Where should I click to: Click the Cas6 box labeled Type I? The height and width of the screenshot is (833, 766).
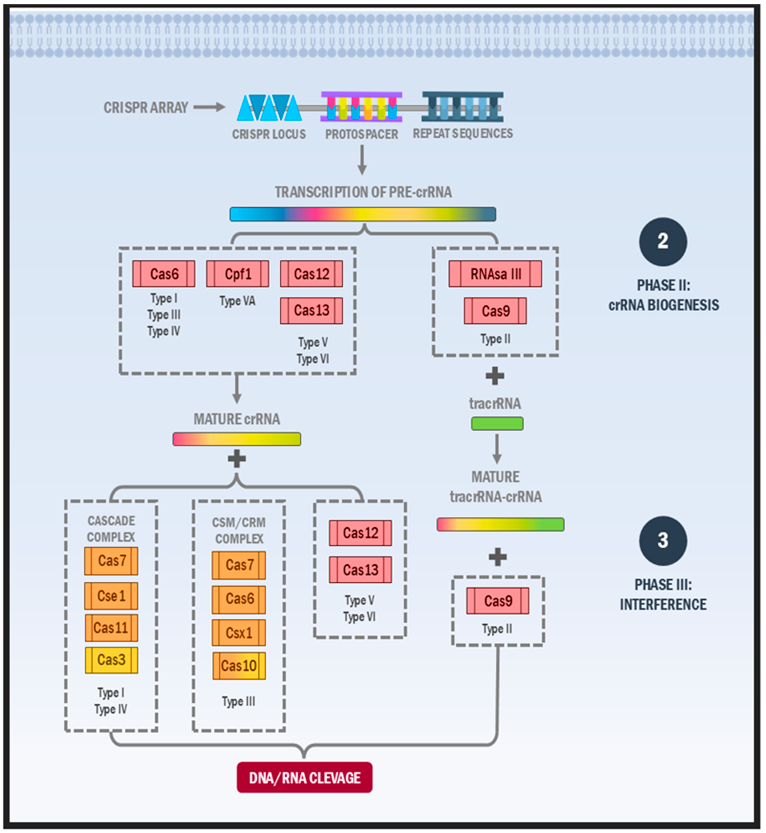164,274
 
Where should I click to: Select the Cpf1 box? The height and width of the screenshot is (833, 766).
238,274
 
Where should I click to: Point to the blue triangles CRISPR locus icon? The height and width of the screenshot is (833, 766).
269,108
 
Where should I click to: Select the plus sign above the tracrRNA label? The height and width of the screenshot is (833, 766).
495,376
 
